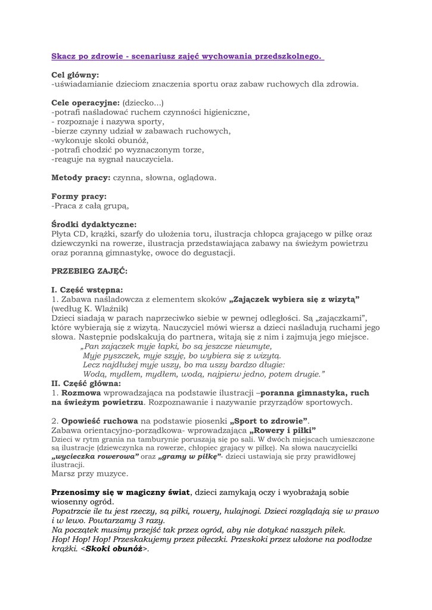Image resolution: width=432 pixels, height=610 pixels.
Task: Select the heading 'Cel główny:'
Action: click(x=75, y=75)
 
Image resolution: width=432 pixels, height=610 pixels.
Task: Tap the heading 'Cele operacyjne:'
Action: click(x=86, y=102)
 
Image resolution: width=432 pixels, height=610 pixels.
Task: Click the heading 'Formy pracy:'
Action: click(x=79, y=196)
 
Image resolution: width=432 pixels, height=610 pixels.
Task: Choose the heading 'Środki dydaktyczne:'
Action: click(x=94, y=225)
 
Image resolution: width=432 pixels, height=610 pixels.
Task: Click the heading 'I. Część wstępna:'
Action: click(x=88, y=290)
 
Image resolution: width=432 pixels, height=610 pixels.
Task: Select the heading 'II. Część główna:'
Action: click(x=86, y=384)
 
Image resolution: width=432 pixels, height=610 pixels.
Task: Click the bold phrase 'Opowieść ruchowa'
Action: click(x=95, y=421)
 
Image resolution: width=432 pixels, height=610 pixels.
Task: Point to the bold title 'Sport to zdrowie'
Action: click(x=269, y=421)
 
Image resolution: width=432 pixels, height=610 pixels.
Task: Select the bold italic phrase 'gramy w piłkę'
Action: click(x=188, y=456)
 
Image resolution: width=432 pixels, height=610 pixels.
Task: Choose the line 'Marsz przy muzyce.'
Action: click(x=90, y=474)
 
